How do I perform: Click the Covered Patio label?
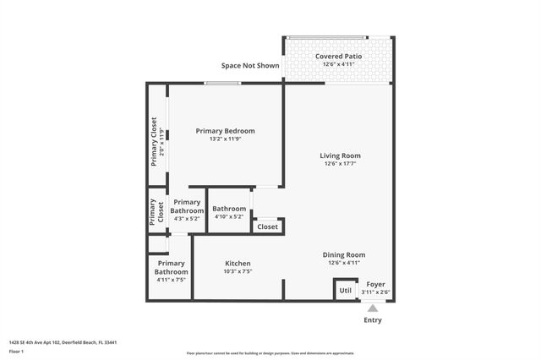[x=338, y=56]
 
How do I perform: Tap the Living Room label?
[x=340, y=155]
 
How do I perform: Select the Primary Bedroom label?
[x=225, y=131]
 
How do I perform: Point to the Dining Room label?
[x=344, y=254]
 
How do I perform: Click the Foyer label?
[x=374, y=284]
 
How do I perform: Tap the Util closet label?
[x=345, y=291]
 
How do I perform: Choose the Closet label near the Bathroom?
[x=267, y=226]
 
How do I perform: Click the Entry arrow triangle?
[x=372, y=308]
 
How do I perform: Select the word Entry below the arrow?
[x=372, y=320]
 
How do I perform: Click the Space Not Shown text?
[x=250, y=65]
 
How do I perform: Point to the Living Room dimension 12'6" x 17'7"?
[x=340, y=164]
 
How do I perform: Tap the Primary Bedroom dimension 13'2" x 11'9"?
[x=225, y=139]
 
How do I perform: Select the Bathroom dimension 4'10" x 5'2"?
[x=229, y=217]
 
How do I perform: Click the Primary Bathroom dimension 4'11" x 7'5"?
[x=171, y=280]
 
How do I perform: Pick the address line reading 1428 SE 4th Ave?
[x=63, y=342]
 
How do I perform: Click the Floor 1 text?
[x=15, y=350]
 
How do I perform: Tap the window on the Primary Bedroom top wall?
[x=221, y=83]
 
